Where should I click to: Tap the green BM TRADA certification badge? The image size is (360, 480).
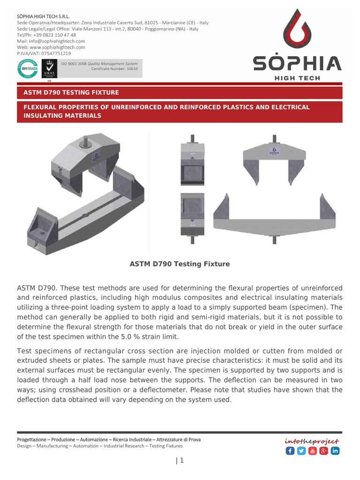coord(26,69)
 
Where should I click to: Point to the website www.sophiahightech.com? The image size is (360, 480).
coord(57,47)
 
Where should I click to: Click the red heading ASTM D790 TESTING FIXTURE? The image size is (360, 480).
coord(71,92)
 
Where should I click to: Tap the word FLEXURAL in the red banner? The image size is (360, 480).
coord(41,107)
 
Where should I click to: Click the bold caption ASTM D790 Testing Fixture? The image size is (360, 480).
coord(180,264)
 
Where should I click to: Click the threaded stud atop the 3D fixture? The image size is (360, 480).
coord(88,139)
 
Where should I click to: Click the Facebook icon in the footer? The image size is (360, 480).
coord(290,451)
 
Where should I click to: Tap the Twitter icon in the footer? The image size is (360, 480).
coord(301,451)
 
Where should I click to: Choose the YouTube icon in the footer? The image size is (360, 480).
coord(312,451)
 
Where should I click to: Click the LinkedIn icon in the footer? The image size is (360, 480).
coord(335,451)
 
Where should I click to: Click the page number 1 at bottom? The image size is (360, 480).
coord(181,461)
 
